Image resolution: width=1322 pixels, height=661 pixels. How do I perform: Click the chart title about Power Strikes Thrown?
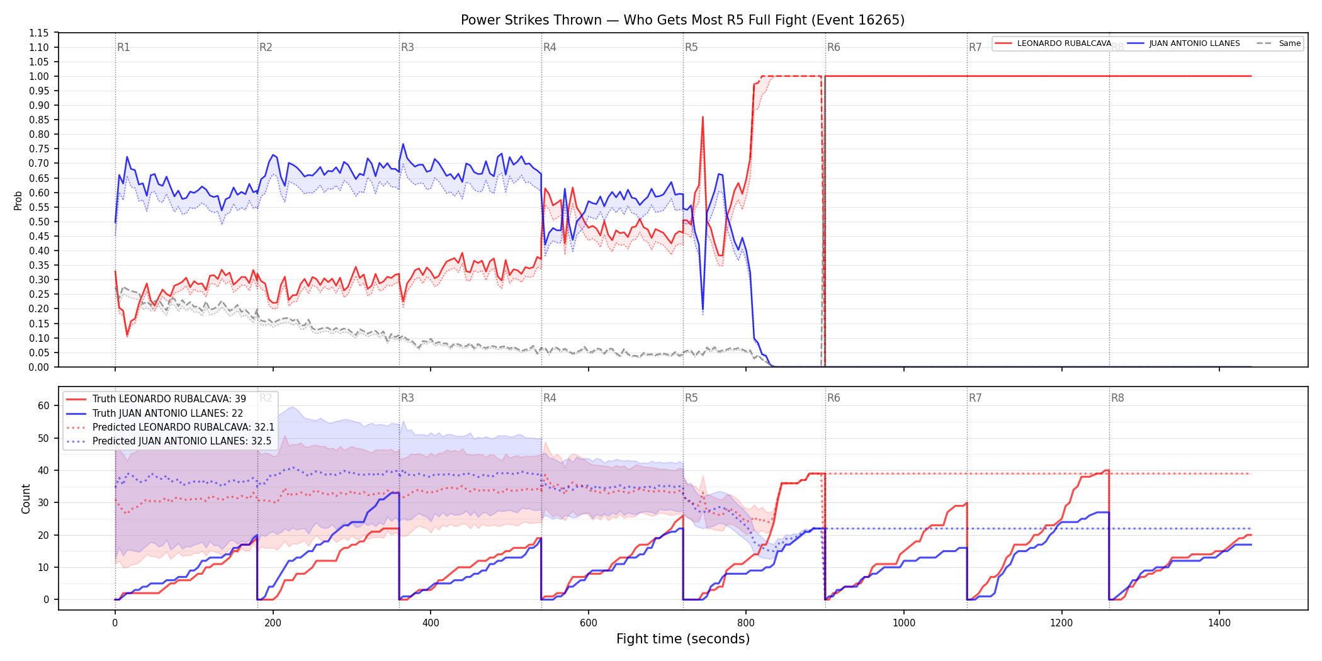coord(682,20)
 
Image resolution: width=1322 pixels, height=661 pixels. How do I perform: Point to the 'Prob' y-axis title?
coord(18,200)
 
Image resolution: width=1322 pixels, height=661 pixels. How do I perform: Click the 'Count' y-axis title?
coord(26,499)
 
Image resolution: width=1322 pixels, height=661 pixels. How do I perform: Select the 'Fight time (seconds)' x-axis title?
coord(683,639)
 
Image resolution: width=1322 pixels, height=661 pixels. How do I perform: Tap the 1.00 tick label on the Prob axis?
coord(39,76)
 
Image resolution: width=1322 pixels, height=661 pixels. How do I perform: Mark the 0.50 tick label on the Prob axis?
coord(39,222)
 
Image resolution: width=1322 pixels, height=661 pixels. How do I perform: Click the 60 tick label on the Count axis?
coord(43,406)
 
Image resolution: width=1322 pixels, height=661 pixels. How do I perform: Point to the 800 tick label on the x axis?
coord(746,623)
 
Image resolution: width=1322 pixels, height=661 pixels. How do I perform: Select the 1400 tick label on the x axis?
coord(1219,623)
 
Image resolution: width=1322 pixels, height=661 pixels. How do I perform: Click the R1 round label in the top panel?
coord(123,47)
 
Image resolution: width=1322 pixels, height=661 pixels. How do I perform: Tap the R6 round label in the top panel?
coord(833,47)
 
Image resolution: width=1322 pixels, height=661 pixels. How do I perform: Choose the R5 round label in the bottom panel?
coord(691,398)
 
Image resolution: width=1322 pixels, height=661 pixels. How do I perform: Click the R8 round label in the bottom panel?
coord(1117,398)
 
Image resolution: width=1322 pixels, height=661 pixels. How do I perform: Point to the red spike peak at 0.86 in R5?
coord(703,117)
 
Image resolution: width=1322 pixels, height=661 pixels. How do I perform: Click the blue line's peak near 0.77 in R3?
coord(404,144)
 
